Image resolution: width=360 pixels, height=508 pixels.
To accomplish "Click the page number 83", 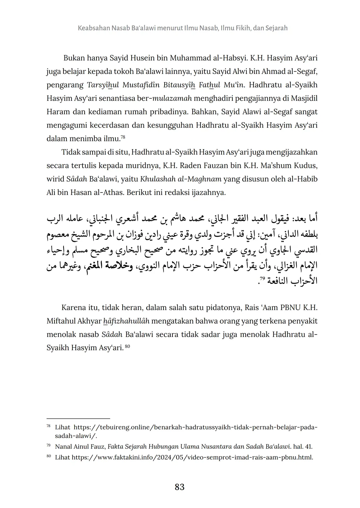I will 180,487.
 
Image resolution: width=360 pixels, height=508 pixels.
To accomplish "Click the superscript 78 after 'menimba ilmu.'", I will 122,137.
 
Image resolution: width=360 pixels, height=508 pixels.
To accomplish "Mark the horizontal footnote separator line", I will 78,418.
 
